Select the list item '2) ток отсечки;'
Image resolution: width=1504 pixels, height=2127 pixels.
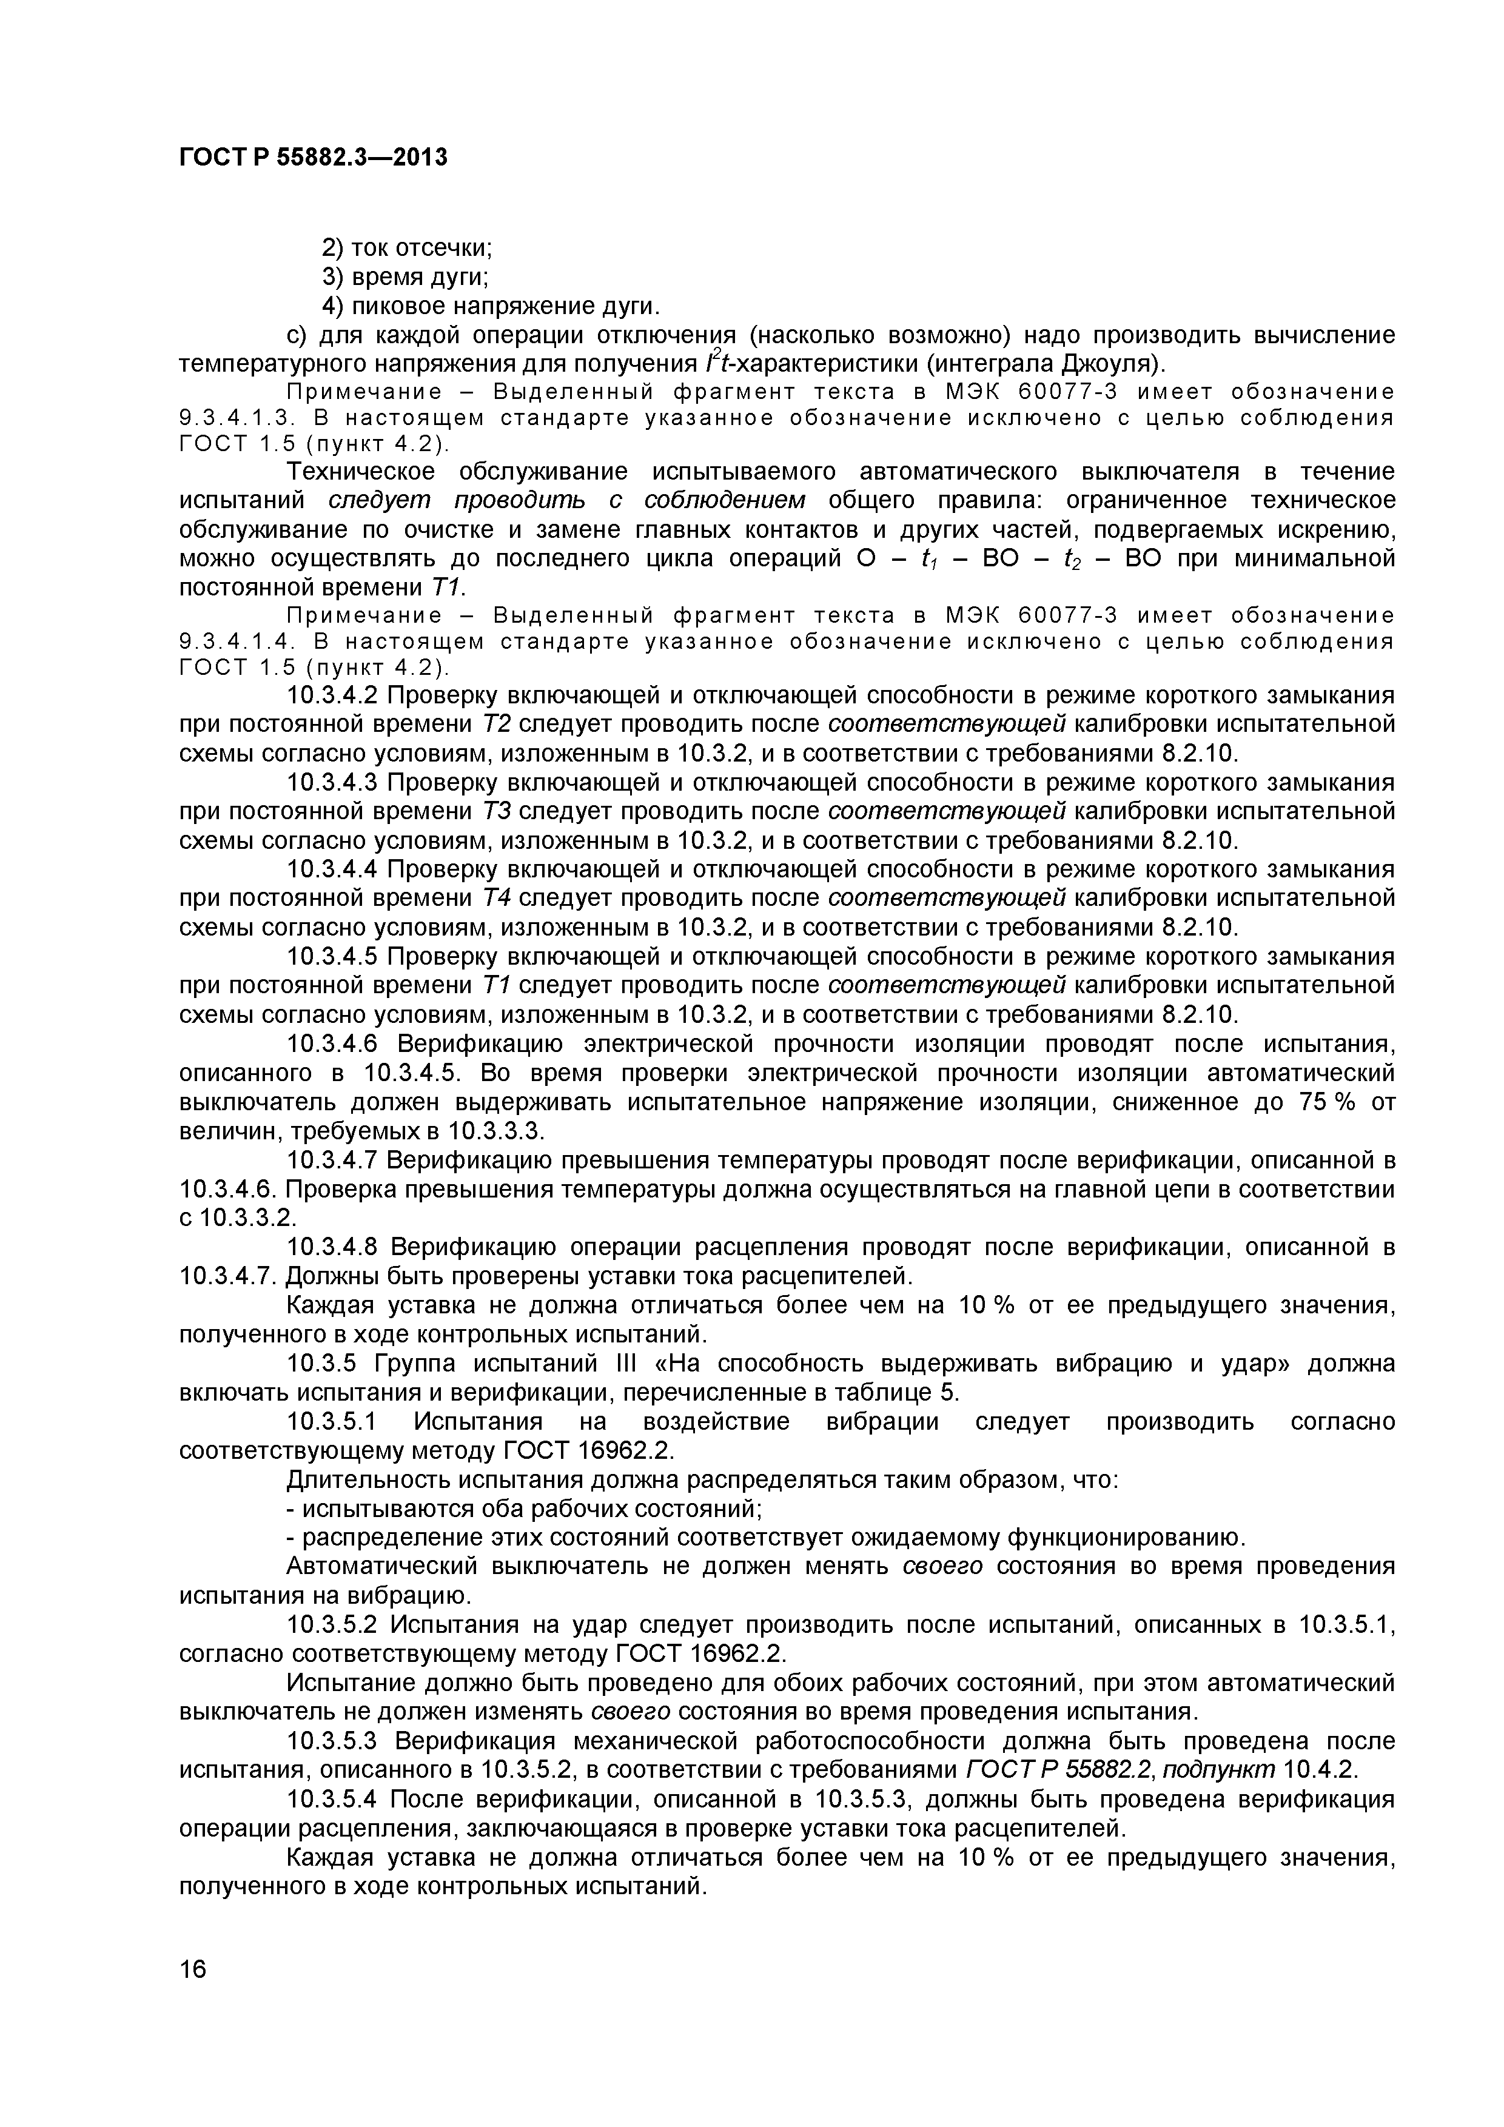(x=406, y=248)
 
